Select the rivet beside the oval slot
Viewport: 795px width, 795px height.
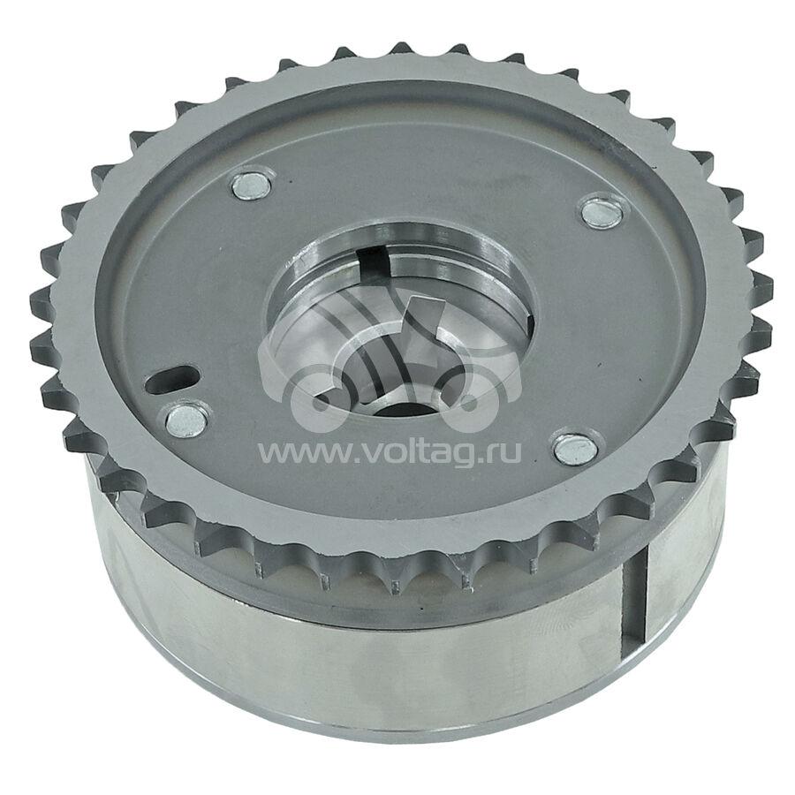pos(186,420)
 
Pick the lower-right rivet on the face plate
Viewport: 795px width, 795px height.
pos(573,449)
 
